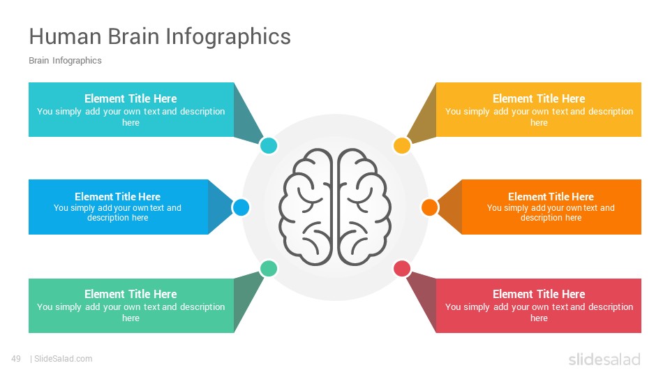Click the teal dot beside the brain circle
click(x=268, y=145)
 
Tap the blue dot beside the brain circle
click(x=241, y=207)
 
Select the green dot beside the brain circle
click(x=268, y=268)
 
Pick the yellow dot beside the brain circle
click(x=402, y=145)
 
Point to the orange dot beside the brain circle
click(x=429, y=207)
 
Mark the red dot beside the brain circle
click(x=402, y=268)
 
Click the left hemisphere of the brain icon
click(x=306, y=207)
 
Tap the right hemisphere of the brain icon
click(x=364, y=207)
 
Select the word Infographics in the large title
click(x=228, y=38)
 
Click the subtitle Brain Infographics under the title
click(x=65, y=60)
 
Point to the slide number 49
click(x=16, y=359)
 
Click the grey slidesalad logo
click(x=604, y=359)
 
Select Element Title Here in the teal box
click(x=131, y=98)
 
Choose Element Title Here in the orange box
click(x=551, y=197)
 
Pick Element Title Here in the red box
click(x=539, y=294)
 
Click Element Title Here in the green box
click(x=131, y=294)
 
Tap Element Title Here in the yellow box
click(x=539, y=98)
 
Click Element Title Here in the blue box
click(x=117, y=197)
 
